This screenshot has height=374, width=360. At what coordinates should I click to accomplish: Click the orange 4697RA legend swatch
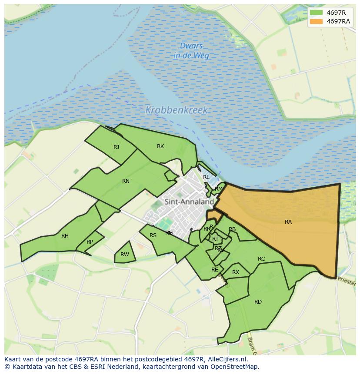click(x=316, y=21)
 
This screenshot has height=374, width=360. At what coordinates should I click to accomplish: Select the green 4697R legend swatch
click(x=316, y=13)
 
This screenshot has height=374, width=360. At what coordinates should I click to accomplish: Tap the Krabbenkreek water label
click(x=177, y=110)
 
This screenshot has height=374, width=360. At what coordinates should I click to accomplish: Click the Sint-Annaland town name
click(x=189, y=202)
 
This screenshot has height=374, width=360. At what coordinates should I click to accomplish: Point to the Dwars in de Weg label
click(x=191, y=51)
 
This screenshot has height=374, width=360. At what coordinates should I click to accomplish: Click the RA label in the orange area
click(x=288, y=222)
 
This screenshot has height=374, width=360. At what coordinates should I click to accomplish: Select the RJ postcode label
click(x=116, y=147)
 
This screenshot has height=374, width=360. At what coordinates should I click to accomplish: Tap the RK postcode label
click(x=160, y=146)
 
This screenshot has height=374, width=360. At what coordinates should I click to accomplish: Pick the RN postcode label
click(x=126, y=181)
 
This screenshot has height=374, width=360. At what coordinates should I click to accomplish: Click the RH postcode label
click(x=65, y=236)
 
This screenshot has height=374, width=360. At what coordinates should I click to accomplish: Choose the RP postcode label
click(x=90, y=242)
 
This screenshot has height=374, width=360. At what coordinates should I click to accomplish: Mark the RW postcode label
click(x=125, y=255)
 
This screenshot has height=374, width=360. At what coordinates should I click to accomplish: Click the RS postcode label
click(x=153, y=235)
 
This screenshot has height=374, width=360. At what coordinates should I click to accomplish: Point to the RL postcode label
click(x=206, y=177)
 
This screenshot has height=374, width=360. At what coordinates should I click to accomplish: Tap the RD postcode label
click(x=258, y=302)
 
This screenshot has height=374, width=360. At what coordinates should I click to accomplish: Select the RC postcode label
click(x=261, y=259)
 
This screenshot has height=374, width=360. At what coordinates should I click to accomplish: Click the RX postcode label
click(x=236, y=272)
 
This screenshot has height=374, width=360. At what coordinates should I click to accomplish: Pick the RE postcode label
click(x=215, y=270)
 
